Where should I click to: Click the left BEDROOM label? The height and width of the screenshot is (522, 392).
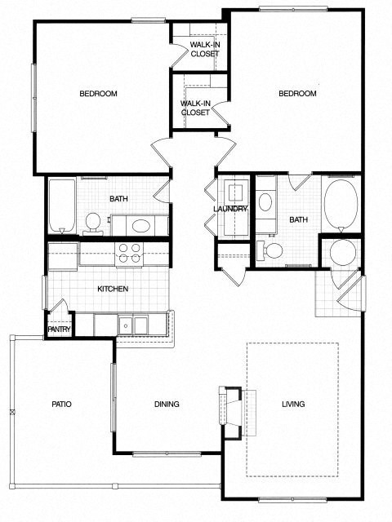98,94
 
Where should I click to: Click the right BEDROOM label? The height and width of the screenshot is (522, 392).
297,94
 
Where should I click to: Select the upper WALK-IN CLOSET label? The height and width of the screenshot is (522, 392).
204,49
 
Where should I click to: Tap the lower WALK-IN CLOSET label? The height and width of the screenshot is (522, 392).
195,108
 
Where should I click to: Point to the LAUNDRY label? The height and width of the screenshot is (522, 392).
230,209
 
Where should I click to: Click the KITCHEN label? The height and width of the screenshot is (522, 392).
114,290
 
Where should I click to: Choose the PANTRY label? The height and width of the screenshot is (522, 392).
59,330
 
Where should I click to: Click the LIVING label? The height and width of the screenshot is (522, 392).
293,404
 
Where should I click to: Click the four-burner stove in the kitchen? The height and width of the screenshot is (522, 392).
127,254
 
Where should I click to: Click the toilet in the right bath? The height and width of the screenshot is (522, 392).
273,250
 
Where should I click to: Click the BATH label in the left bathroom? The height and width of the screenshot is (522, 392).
119,199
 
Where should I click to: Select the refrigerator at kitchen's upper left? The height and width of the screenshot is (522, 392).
62,255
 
